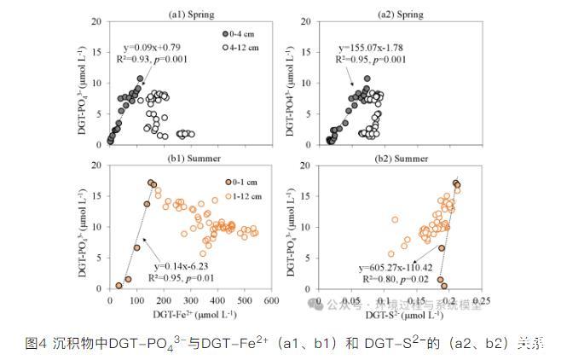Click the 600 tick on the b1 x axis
point(271,300)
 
